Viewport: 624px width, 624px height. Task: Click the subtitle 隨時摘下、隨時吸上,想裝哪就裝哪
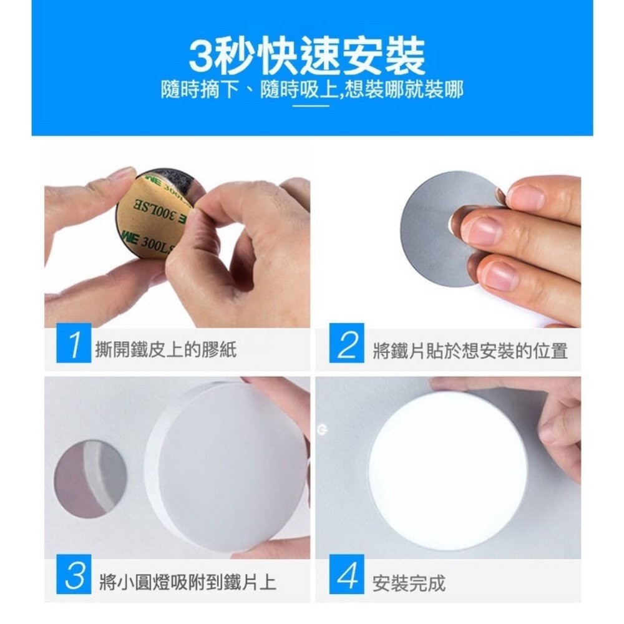(311, 90)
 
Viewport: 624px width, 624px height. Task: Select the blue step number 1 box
(74, 344)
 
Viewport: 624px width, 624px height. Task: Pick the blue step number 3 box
(74, 574)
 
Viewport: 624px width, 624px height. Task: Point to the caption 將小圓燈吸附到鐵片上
(187, 583)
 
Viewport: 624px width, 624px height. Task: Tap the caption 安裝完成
(409, 583)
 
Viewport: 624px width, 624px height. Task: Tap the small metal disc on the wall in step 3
(90, 479)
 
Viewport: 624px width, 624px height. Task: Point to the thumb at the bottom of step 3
(275, 547)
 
